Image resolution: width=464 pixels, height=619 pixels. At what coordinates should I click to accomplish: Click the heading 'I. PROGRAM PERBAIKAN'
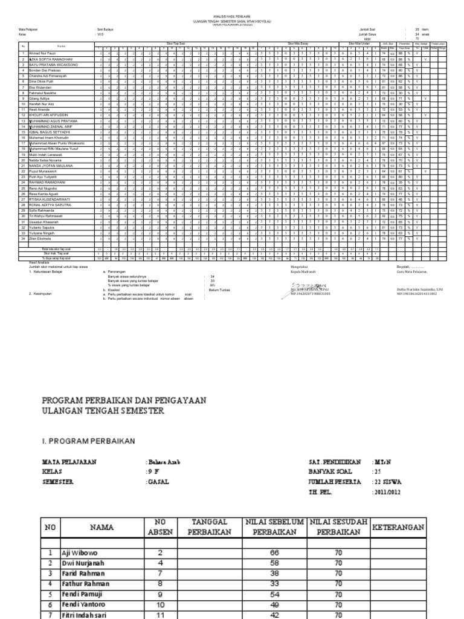point(88,441)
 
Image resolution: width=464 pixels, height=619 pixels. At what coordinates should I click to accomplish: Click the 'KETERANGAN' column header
point(398,527)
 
